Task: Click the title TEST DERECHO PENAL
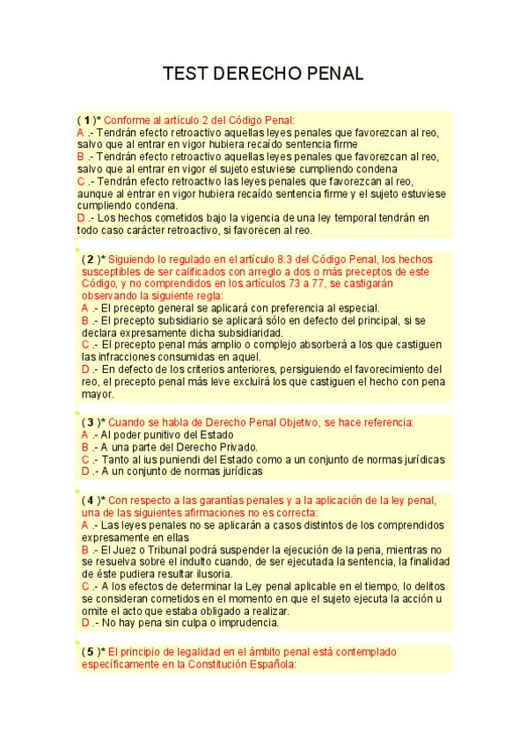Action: pos(263,74)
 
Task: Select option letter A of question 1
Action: pos(80,132)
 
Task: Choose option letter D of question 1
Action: pos(81,218)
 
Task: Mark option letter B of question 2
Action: pos(84,321)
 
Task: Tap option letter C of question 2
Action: pos(84,346)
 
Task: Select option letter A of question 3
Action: pos(84,435)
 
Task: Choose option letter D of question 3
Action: pos(84,472)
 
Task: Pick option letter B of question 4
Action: pos(84,549)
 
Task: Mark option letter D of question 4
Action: pos(84,623)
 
